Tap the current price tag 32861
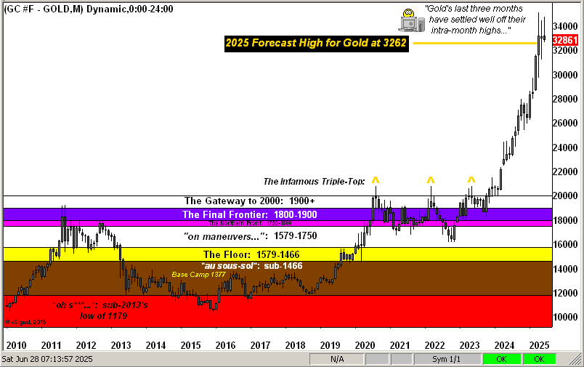(x=569, y=41)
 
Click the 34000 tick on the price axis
(x=567, y=25)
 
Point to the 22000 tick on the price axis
(x=567, y=172)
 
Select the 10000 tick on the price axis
(x=567, y=318)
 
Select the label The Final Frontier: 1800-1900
(x=249, y=215)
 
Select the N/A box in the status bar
(x=337, y=359)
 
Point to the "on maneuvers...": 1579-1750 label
(x=249, y=236)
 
